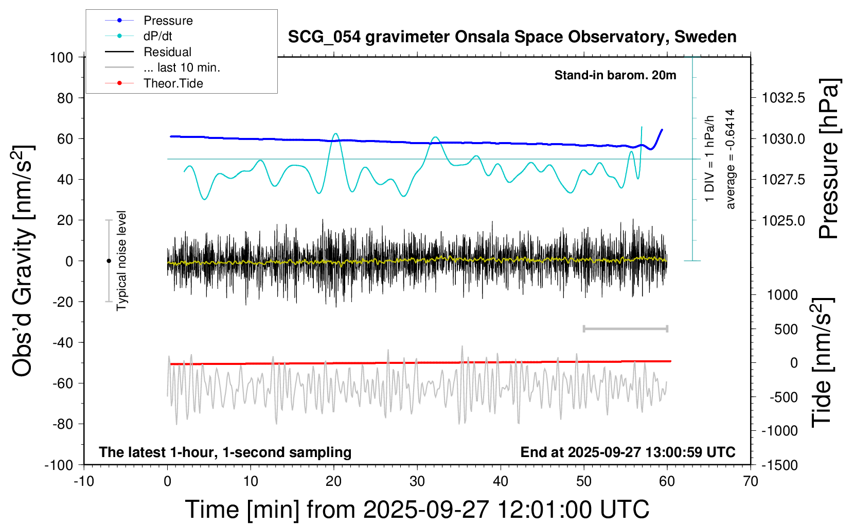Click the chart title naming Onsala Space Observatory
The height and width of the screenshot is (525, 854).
click(512, 37)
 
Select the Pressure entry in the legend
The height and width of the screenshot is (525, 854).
click(168, 21)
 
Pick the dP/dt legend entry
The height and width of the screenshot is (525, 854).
click(157, 36)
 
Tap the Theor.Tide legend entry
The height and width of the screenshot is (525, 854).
click(173, 83)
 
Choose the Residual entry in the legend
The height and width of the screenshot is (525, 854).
click(167, 52)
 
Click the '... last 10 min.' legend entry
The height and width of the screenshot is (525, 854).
click(182, 67)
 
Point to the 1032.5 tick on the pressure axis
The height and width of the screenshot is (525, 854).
click(783, 98)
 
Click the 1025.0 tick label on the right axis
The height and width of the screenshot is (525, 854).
click(783, 220)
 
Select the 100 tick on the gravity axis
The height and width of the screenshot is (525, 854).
click(61, 57)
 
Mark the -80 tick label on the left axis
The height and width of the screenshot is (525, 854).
click(62, 424)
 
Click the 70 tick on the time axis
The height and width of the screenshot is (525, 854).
click(751, 482)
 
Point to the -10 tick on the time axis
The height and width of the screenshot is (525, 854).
click(84, 482)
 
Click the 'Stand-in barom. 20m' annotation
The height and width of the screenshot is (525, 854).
click(615, 75)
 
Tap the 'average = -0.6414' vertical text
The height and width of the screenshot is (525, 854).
click(730, 159)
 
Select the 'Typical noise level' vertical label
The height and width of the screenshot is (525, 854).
click(121, 260)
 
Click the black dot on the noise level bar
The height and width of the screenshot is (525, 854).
click(109, 261)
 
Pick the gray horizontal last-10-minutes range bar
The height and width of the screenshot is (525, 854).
click(625, 328)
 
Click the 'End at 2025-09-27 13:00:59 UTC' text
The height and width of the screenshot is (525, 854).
click(628, 452)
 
